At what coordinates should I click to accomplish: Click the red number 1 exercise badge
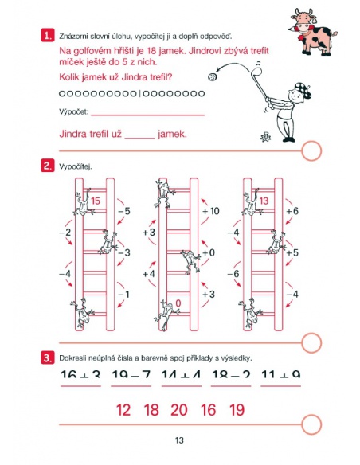click(x=48, y=35)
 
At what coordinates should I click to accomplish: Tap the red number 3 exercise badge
click(x=48, y=358)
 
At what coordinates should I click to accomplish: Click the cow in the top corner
click(x=312, y=32)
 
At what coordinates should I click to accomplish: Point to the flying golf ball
click(x=213, y=77)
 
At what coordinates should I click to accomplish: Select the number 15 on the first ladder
click(x=96, y=201)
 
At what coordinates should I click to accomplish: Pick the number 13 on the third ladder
click(x=264, y=201)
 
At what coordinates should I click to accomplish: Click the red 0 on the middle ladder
click(x=178, y=303)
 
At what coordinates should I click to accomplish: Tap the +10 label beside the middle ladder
click(x=210, y=211)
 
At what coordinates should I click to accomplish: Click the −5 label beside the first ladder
click(x=124, y=211)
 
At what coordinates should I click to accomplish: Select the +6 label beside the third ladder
click(x=292, y=211)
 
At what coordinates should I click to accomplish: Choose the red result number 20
click(x=179, y=410)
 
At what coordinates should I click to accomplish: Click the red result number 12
click(x=123, y=410)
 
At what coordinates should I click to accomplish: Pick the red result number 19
click(x=237, y=410)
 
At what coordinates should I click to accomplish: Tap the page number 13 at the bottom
click(x=179, y=440)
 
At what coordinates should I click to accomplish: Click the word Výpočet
click(x=73, y=111)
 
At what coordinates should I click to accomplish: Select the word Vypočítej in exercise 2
click(x=76, y=166)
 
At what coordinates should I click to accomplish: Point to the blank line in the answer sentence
click(x=140, y=139)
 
